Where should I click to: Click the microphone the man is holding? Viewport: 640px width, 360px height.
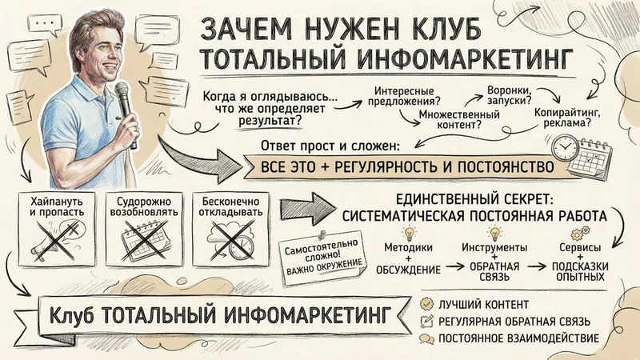125,110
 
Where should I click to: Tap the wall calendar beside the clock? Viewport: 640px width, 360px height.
591,158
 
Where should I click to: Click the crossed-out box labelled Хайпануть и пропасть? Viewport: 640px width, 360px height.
57,229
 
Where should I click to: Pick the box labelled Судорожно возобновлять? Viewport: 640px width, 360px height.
144,229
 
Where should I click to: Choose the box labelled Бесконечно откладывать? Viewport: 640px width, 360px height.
230,229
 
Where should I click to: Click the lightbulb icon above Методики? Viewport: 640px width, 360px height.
408,234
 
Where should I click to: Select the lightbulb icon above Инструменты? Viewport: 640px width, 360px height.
494,234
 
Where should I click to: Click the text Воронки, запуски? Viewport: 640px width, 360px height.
509,94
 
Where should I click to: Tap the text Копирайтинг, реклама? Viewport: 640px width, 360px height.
567,118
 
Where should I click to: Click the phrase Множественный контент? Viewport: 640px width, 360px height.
459,119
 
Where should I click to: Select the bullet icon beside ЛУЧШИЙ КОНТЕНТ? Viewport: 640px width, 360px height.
427,304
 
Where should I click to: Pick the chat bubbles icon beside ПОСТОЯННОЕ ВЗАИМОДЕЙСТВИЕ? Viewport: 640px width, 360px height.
427,338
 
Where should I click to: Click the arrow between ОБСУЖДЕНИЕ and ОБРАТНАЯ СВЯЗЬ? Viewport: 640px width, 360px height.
454,267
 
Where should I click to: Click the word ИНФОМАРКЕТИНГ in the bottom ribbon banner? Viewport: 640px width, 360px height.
306,314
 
